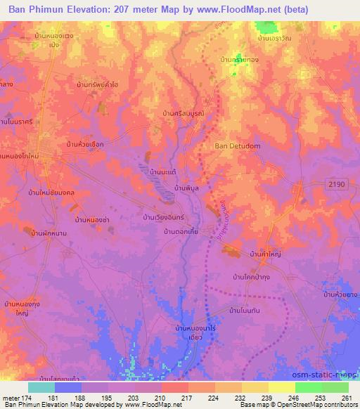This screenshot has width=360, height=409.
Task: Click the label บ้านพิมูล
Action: [181, 190]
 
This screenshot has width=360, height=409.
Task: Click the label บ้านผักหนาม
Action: [44, 232]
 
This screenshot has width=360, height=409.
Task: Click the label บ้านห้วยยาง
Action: [340, 295]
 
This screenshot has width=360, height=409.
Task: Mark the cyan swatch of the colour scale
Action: [41, 387]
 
